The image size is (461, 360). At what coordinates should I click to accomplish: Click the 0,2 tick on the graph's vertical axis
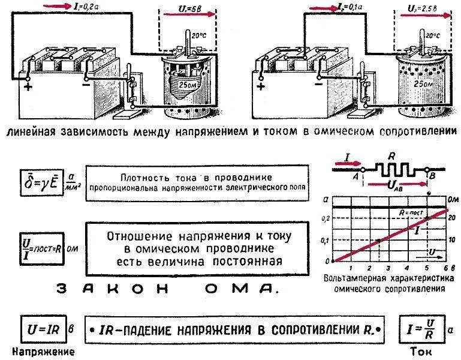326,218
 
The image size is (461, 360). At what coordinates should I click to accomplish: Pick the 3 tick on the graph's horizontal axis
389,266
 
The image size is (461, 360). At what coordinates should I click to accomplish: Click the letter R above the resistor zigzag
391,155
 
